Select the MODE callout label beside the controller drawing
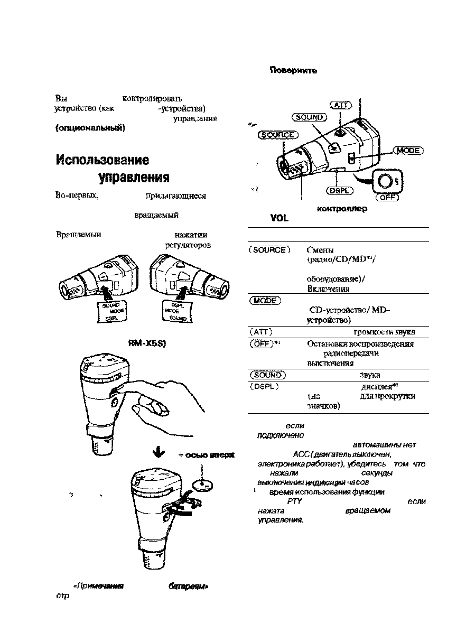coord(407,151)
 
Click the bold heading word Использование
coord(102,160)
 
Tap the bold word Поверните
coord(293,71)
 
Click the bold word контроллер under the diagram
coord(341,209)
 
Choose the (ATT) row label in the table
coord(263,332)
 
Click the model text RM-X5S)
coord(147,342)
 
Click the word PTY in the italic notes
coord(294,501)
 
